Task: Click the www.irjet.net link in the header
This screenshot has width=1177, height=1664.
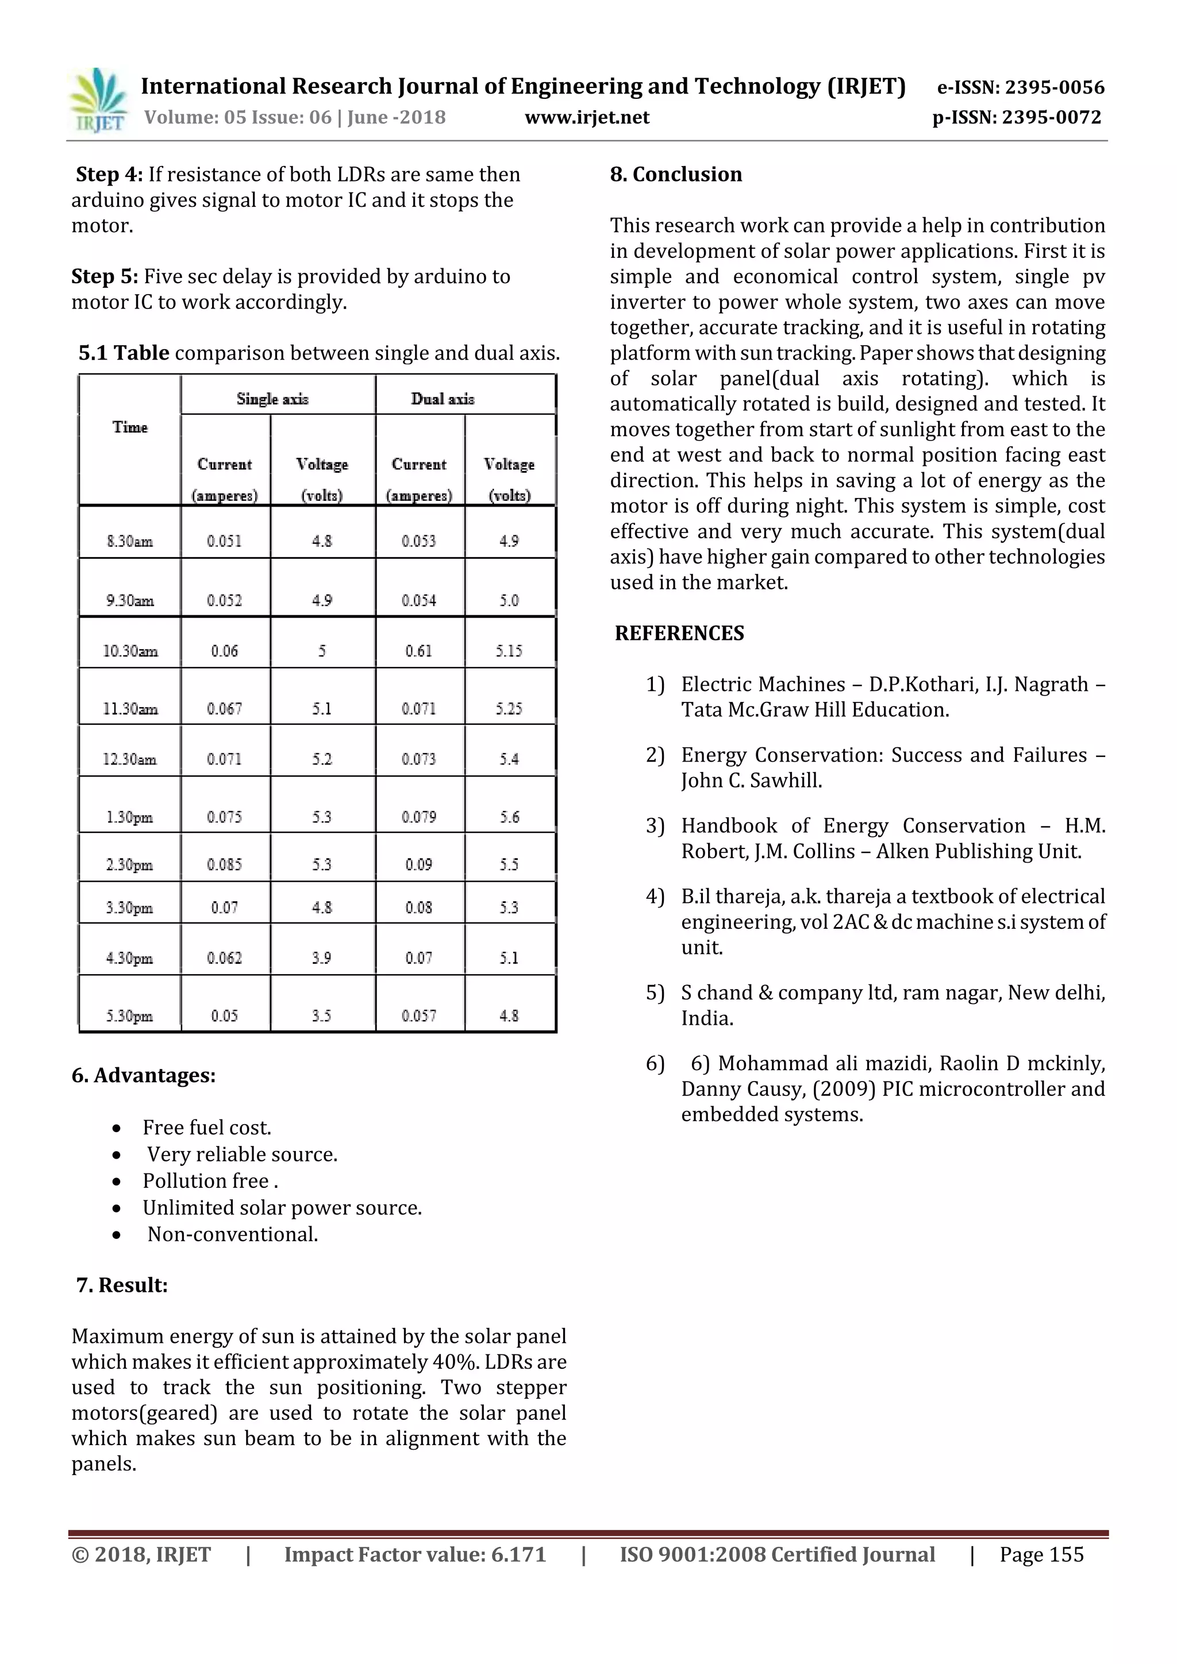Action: click(x=587, y=117)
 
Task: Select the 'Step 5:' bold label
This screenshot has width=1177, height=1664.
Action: click(x=105, y=276)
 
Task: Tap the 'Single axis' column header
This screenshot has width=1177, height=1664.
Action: click(x=272, y=399)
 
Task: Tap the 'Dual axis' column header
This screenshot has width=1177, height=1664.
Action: click(x=443, y=399)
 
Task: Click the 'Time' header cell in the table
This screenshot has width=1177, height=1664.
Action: click(x=130, y=427)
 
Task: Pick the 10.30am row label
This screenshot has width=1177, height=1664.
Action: click(x=130, y=651)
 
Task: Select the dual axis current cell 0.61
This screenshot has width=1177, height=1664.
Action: click(x=418, y=651)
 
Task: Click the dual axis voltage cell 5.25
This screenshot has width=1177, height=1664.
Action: click(x=509, y=708)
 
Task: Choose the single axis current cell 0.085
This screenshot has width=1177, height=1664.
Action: click(x=224, y=864)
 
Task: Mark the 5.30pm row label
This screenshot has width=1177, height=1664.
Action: click(x=129, y=1016)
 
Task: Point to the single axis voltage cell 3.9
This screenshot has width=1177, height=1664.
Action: click(x=321, y=958)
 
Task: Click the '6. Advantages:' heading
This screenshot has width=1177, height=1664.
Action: click(x=144, y=1075)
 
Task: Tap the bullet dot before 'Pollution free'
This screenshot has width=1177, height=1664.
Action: click(x=117, y=1182)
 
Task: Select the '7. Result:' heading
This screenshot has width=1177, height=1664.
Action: click(x=122, y=1285)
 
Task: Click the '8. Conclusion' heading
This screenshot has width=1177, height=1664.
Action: click(x=676, y=174)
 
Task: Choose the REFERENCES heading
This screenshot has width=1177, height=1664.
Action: click(x=679, y=633)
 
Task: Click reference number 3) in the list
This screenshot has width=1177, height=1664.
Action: click(x=655, y=825)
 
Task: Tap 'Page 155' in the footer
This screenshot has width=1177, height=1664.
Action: click(x=1041, y=1554)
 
